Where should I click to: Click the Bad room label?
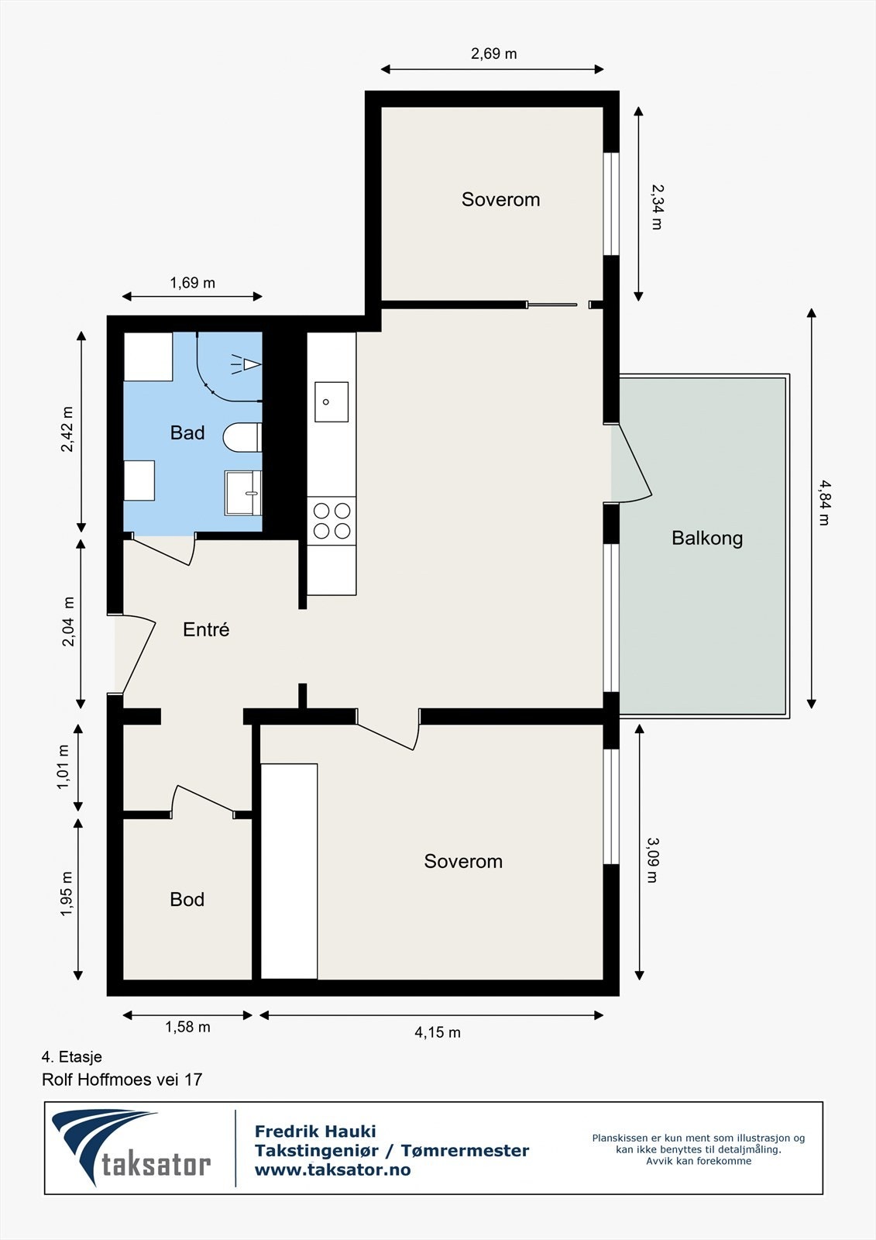pos(187,432)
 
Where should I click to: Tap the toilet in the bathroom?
pos(242,437)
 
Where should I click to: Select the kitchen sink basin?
pos(332,402)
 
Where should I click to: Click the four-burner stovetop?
pos(332,520)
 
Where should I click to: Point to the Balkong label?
pos(707,538)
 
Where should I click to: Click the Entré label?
pos(206,629)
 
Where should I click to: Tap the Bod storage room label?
pos(187,899)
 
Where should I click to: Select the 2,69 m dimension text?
pos(493,53)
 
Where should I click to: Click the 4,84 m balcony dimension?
pos(825,503)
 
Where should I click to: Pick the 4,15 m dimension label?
pos(438,1032)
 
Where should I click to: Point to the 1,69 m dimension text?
pos(192,283)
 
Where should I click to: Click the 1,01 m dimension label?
pos(63,767)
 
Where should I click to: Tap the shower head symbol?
pos(246,364)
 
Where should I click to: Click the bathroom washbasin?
pos(243,493)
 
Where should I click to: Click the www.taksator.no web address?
pos(332,1169)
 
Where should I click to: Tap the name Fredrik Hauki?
pos(315,1131)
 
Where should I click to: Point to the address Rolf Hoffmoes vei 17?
pos(122,1080)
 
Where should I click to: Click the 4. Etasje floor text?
pos(72,1057)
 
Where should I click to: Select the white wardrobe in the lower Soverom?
pos(289,871)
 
